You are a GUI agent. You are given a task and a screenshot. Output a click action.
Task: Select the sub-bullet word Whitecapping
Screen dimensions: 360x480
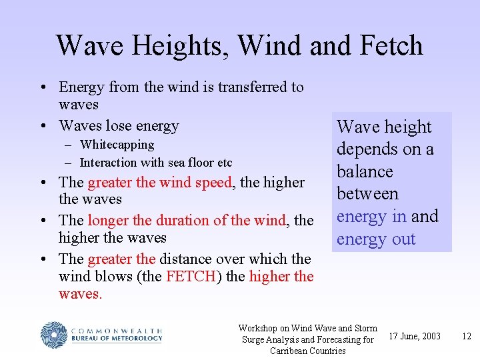pyautogui.click(x=117, y=145)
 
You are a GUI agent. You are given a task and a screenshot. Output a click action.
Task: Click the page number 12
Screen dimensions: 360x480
pyautogui.click(x=467, y=336)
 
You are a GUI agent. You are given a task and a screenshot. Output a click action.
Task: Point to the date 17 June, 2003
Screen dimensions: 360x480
pyautogui.click(x=415, y=336)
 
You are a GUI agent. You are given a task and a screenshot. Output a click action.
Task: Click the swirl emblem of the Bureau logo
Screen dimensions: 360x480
pyautogui.click(x=53, y=335)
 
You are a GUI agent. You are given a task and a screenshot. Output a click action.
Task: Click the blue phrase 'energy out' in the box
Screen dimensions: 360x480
pyautogui.click(x=376, y=239)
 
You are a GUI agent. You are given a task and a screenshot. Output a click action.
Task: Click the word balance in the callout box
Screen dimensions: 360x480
pyautogui.click(x=365, y=171)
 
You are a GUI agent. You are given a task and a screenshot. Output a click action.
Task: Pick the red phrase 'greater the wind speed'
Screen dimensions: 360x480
pyautogui.click(x=159, y=183)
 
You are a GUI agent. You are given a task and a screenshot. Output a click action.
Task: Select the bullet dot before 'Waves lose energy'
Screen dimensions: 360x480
pyautogui.click(x=42, y=126)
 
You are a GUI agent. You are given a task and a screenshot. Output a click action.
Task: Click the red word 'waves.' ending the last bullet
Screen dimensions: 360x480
pyautogui.click(x=81, y=294)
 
